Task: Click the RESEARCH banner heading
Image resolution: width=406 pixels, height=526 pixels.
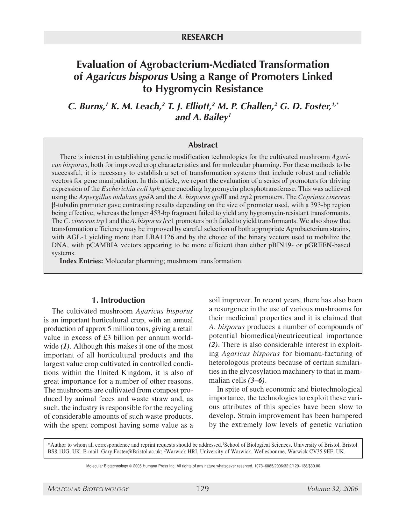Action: pos(203,37)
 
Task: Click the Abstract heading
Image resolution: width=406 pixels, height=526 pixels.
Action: pos(203,145)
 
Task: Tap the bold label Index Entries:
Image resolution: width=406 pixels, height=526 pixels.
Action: pos(81,261)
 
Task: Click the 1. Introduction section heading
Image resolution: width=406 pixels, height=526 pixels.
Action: pos(118,300)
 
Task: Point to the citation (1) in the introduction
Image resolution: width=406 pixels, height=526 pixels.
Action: pos(65,346)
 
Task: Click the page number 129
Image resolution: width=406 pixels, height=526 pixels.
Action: pos(203,489)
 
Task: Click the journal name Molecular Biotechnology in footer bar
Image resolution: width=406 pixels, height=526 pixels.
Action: pos(88,489)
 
